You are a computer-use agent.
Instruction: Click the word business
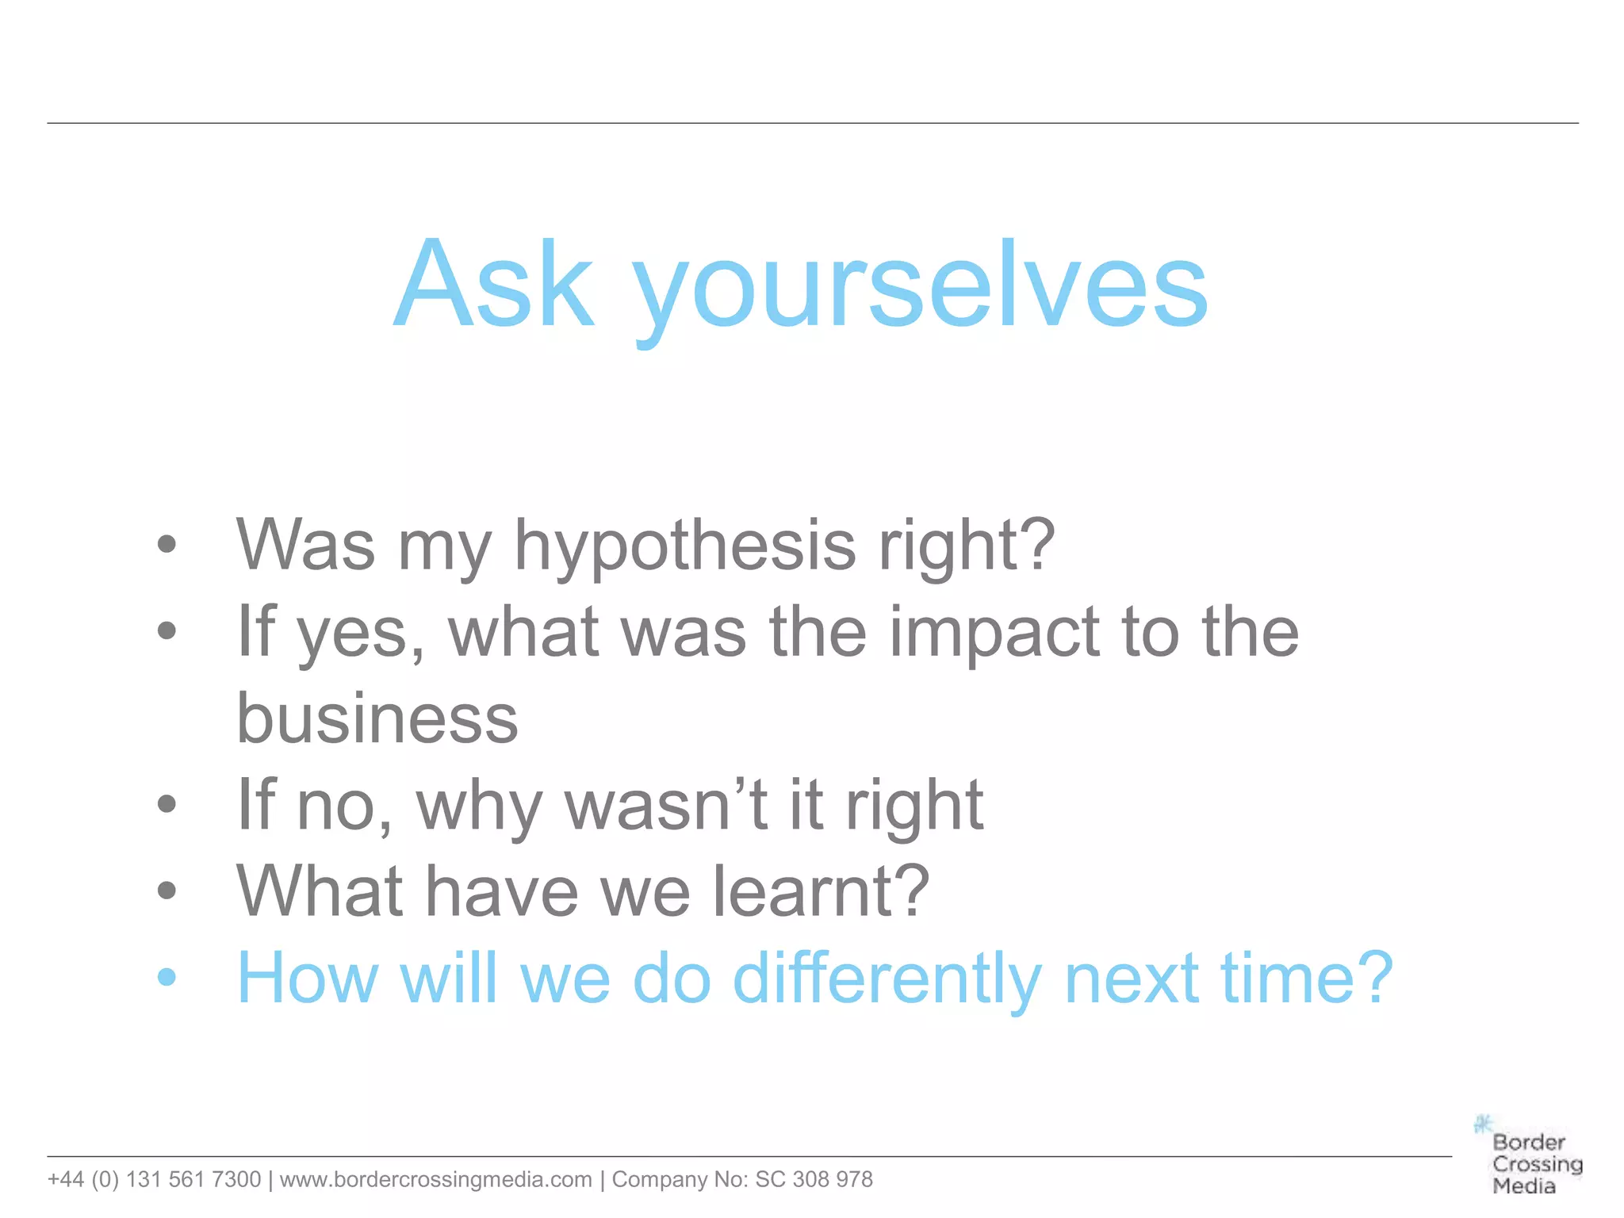(x=377, y=719)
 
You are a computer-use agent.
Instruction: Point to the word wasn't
(x=665, y=806)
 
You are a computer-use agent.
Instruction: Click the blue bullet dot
(x=167, y=977)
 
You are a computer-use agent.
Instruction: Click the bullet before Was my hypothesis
(x=167, y=544)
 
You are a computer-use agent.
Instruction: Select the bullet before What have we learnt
(x=167, y=891)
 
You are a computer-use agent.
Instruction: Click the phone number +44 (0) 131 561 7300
(x=154, y=1180)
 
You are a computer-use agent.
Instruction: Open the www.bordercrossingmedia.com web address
(x=435, y=1180)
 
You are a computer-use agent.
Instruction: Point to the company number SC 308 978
(x=814, y=1180)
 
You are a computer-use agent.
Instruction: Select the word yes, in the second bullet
(x=362, y=634)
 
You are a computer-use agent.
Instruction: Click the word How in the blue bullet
(x=308, y=979)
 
